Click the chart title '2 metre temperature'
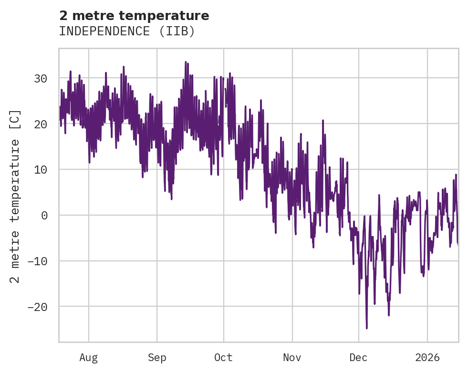134,16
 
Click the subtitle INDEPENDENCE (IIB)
127,31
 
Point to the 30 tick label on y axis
41,78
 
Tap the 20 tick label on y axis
41,124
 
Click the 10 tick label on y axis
41,170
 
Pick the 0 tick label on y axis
44,215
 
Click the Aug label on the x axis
88,358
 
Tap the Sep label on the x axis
156,358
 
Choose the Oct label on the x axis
223,358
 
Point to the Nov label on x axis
292,358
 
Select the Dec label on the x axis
358,358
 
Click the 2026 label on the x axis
427,358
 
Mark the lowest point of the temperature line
367,328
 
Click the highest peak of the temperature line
186,62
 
